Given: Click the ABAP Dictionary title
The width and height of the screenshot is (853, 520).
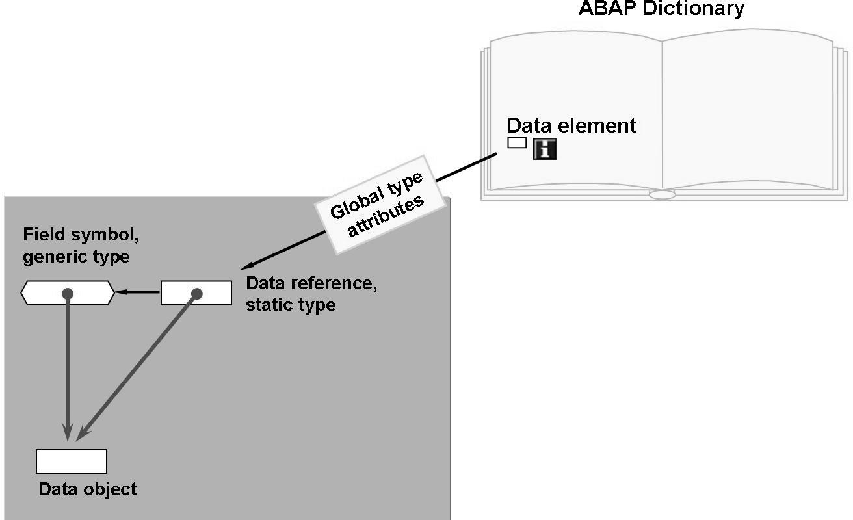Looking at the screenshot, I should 662,8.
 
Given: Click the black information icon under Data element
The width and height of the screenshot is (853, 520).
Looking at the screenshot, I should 544,149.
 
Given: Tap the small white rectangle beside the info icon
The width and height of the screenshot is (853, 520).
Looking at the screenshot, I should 517,142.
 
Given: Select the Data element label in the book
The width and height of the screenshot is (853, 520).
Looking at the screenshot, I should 571,125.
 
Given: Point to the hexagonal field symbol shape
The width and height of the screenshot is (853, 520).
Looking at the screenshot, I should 68,293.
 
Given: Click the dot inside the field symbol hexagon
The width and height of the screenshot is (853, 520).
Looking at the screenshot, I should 67,294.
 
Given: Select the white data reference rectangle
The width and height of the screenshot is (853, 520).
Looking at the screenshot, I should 196,292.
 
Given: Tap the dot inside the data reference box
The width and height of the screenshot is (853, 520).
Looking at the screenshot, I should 197,294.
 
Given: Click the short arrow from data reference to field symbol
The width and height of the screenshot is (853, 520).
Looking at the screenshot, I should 138,292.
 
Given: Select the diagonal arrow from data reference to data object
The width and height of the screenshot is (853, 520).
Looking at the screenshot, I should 137,367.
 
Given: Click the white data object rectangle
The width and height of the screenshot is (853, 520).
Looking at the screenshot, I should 71,461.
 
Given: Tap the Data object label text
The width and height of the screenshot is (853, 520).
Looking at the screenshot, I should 88,489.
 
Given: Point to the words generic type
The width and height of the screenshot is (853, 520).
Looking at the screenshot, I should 76,257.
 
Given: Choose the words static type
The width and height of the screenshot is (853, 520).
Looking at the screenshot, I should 291,304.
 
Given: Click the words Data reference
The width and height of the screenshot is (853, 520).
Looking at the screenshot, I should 311,284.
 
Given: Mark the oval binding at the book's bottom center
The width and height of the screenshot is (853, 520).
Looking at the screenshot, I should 662,194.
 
